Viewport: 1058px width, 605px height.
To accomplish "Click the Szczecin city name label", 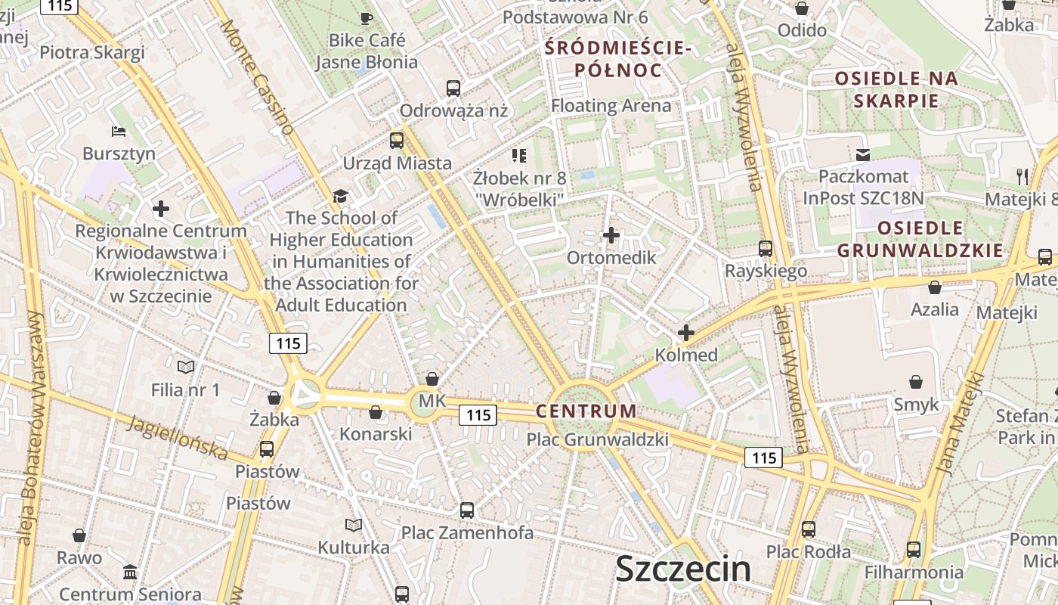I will [683, 569].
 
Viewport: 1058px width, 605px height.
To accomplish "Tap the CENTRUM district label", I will [586, 411].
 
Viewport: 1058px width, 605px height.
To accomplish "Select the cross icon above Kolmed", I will [686, 332].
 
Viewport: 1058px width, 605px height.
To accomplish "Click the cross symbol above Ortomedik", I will [611, 235].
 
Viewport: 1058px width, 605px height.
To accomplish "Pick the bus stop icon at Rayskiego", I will [766, 249].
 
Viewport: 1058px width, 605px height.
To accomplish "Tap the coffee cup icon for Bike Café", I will [367, 18].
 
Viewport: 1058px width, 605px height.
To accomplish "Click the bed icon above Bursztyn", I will [119, 132].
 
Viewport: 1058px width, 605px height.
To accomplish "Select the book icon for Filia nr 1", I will [186, 367].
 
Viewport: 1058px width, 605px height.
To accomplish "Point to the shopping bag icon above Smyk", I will [916, 382].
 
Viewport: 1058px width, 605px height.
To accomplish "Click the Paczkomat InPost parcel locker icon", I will [862, 154].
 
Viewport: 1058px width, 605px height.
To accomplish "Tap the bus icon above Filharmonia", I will [914, 549].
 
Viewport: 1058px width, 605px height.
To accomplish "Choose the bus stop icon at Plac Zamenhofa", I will [467, 510].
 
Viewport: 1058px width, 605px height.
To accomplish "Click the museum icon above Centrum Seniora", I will [130, 572].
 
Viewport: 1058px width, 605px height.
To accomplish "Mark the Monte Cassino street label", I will [257, 76].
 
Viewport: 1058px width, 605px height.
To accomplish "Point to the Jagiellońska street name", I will [178, 438].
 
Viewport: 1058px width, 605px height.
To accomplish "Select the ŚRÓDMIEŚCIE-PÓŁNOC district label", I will [618, 60].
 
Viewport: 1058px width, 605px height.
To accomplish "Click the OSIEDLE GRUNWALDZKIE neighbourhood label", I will [920, 239].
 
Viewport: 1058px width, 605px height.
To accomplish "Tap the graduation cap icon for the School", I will [341, 196].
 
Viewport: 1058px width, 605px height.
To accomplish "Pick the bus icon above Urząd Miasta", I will [397, 140].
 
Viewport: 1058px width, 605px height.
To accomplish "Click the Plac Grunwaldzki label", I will [597, 439].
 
